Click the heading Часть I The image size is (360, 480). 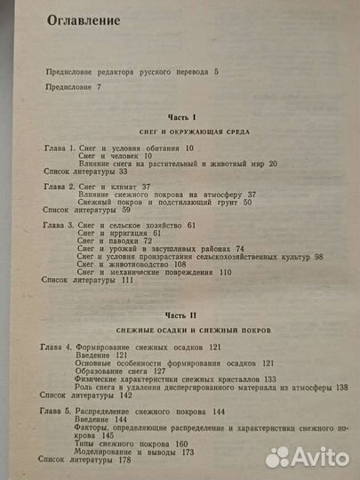188,116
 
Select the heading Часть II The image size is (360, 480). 188,316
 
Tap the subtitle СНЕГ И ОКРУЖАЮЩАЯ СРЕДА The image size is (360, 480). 188,131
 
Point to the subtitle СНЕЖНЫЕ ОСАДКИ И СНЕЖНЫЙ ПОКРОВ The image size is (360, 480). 188,330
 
